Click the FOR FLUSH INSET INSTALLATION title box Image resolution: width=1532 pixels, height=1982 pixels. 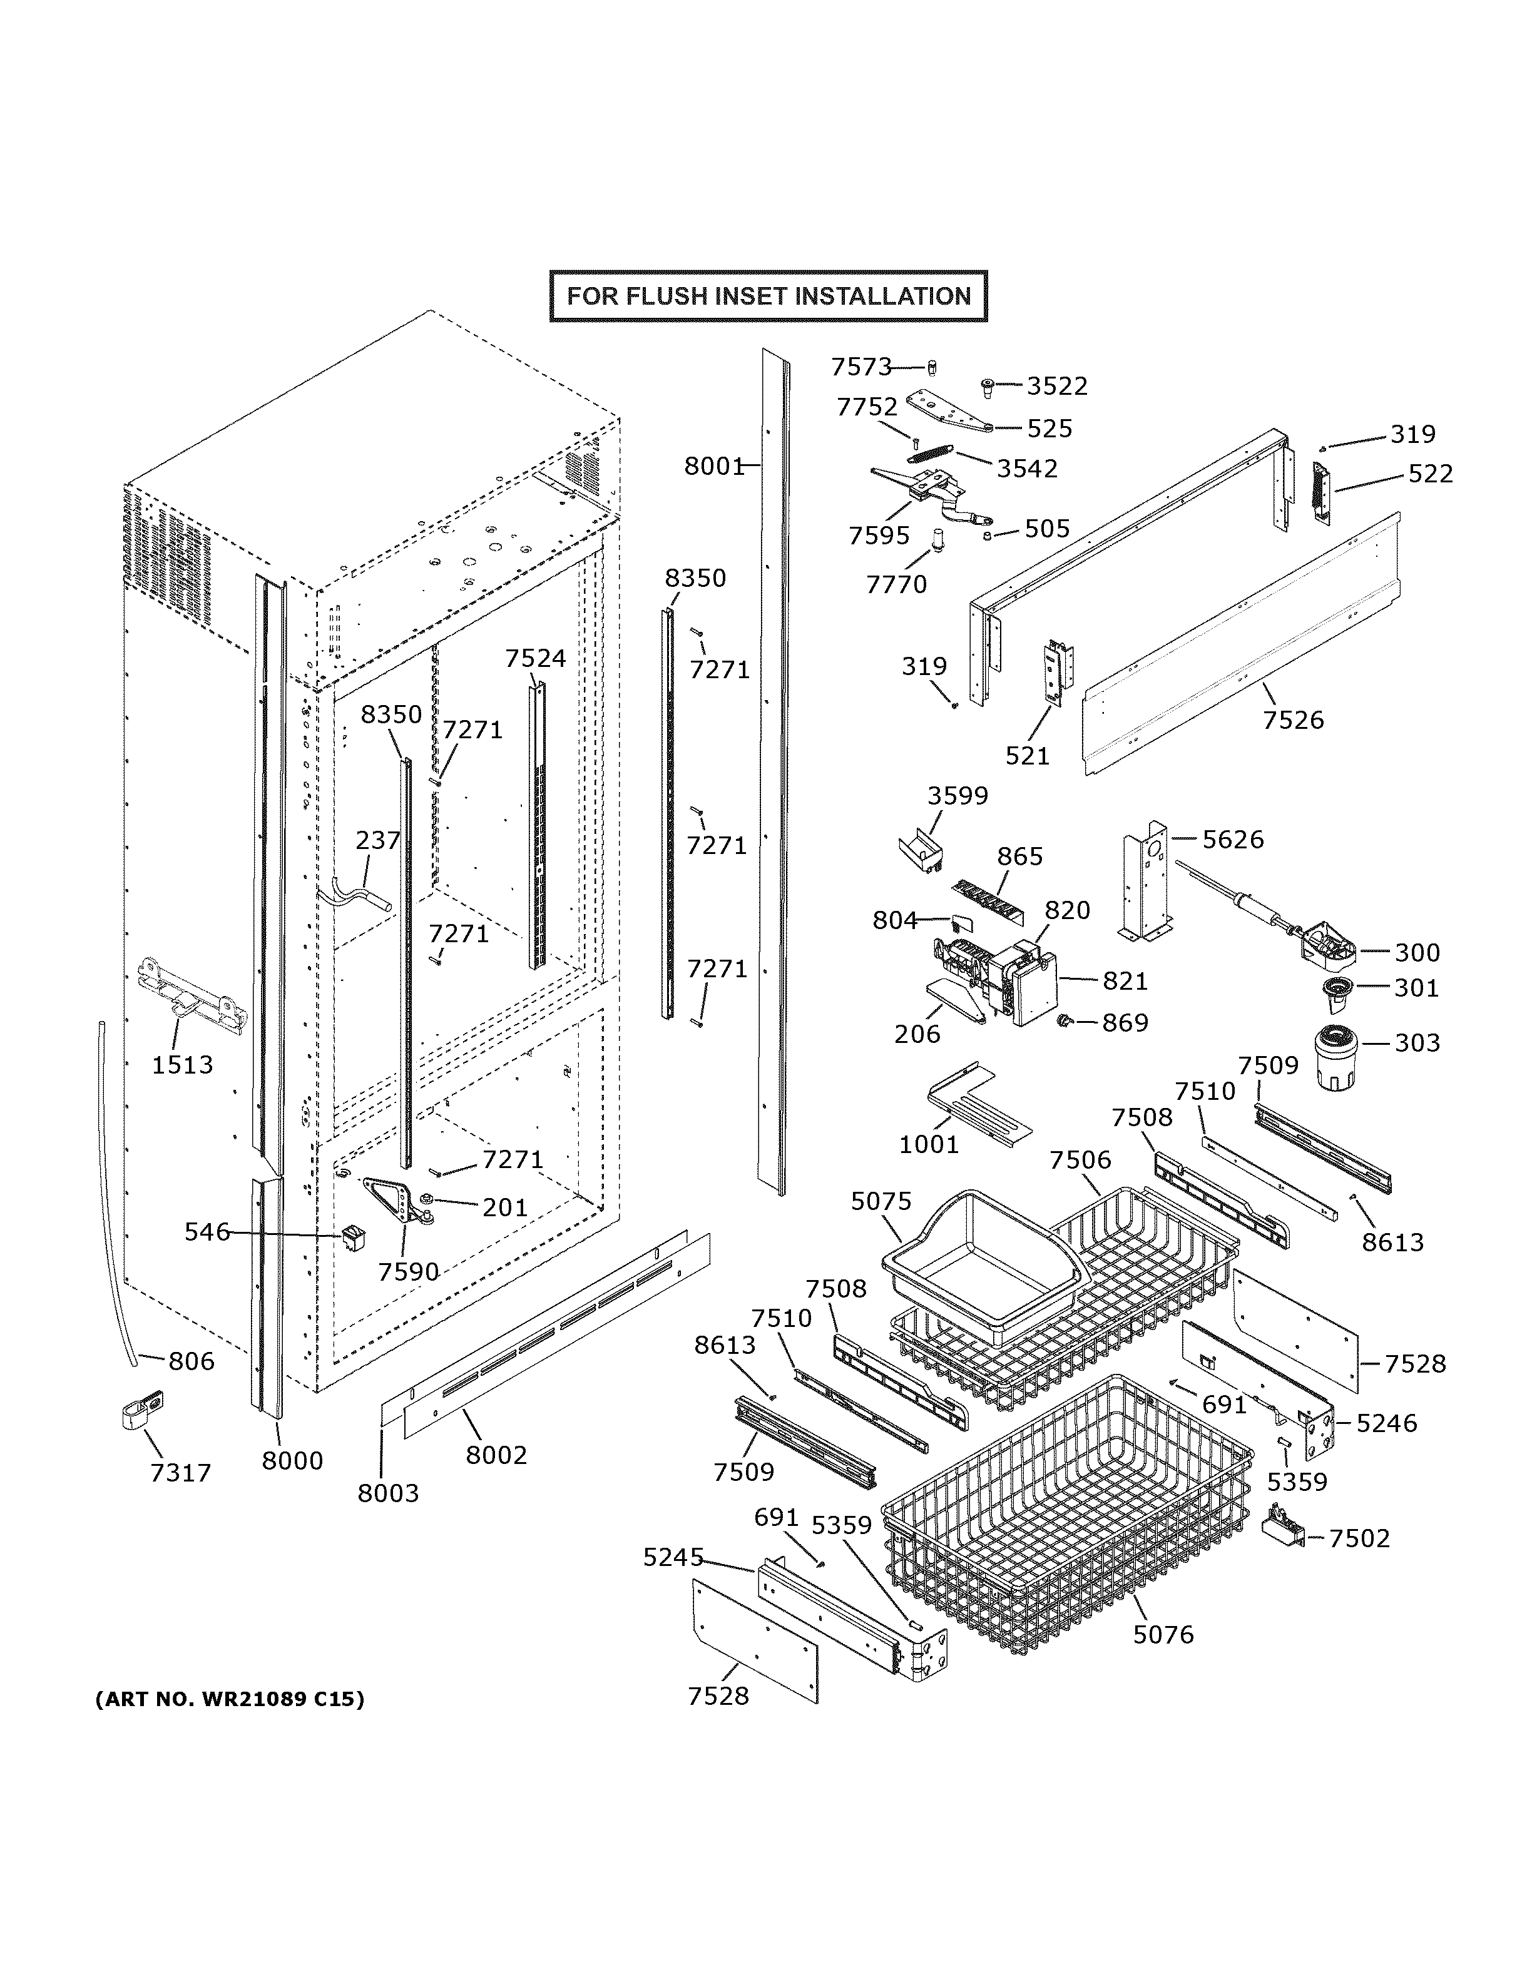[x=768, y=296]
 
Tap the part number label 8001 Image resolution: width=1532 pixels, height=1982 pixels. [x=713, y=467]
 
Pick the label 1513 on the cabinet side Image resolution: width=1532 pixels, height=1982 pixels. [x=181, y=1064]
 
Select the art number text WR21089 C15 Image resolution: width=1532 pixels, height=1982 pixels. [x=230, y=1699]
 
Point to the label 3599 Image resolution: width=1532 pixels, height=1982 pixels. [x=957, y=796]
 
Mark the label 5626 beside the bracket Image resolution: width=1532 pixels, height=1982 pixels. [x=1232, y=840]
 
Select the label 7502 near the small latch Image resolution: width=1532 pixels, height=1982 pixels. [x=1359, y=1538]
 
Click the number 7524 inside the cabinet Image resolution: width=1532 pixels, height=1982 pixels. [x=536, y=658]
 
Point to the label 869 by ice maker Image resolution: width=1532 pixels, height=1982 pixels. [x=1125, y=1023]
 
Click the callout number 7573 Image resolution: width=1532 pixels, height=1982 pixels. [x=861, y=367]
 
